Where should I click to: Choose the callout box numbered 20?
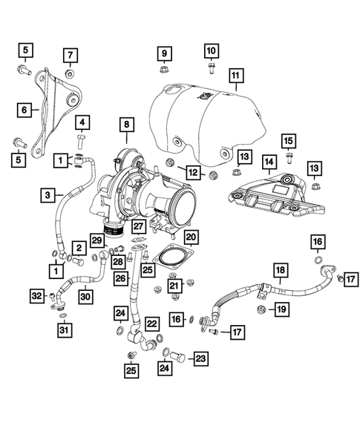[x=191, y=236]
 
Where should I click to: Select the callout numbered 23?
[x=200, y=358]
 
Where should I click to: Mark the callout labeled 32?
[x=36, y=297]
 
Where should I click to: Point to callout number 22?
[x=151, y=323]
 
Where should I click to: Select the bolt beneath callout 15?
[x=289, y=157]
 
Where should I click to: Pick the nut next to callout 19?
[x=261, y=307]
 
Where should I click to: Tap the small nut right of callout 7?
[x=69, y=74]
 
